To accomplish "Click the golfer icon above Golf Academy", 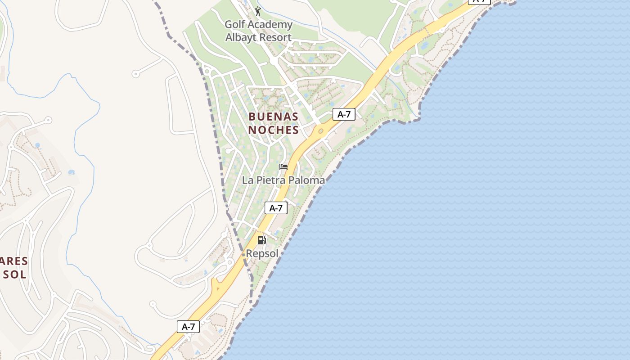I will click(258, 11).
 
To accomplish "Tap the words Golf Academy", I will click(258, 24).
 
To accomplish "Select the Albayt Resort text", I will click(258, 37).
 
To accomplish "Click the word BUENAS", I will click(273, 117).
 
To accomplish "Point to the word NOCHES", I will click(273, 130).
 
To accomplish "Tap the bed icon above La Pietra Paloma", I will click(283, 167).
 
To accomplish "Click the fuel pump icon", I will click(261, 240).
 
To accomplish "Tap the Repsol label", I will click(262, 254).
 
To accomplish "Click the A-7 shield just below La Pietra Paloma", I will click(276, 208).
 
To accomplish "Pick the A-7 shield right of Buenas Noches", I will click(344, 114).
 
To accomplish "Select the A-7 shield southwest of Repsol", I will click(188, 327).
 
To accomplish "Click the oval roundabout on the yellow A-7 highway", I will click(321, 131).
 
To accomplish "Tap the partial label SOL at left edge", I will click(14, 274).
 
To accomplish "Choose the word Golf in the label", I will click(234, 24).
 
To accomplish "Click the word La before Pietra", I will click(247, 180).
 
